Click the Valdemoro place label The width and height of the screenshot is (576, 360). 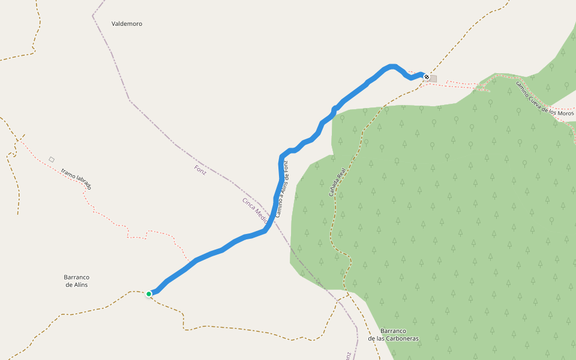pyautogui.click(x=127, y=23)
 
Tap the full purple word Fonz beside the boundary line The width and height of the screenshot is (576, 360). pyautogui.click(x=200, y=169)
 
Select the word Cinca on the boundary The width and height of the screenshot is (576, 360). pyautogui.click(x=248, y=203)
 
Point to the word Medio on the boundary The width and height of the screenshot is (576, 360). pyautogui.click(x=261, y=214)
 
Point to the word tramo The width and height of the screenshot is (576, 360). pyautogui.click(x=68, y=174)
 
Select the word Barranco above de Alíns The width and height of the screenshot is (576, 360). pyautogui.click(x=76, y=277)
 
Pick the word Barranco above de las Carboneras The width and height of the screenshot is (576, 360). pyautogui.click(x=394, y=331)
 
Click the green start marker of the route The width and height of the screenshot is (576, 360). pyautogui.click(x=148, y=294)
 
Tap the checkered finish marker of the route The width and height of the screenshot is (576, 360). pyautogui.click(x=426, y=77)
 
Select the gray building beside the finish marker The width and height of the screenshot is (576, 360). pyautogui.click(x=433, y=79)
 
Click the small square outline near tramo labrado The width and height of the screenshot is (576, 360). pyautogui.click(x=52, y=159)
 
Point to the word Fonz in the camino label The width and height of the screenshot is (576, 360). pyautogui.click(x=286, y=165)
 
